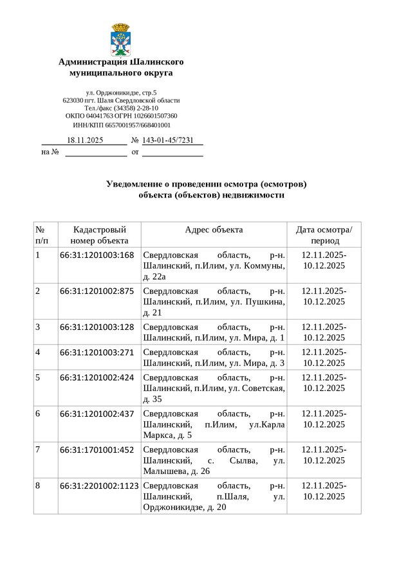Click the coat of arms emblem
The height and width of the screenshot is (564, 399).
point(121,39)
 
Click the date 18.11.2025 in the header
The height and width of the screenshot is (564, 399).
point(85,140)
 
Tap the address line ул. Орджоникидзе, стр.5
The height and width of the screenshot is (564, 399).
point(121,93)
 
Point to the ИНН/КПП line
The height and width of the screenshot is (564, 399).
point(121,125)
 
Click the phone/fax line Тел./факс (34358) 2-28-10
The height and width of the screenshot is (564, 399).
point(121,108)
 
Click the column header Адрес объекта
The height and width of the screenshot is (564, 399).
point(214,230)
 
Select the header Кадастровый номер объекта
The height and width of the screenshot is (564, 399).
point(99,235)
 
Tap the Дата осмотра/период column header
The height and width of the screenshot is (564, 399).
point(324,235)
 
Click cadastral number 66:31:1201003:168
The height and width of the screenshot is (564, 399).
point(97,255)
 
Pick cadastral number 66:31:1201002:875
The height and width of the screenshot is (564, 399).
point(97,291)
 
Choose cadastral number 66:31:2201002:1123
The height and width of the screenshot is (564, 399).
point(100,486)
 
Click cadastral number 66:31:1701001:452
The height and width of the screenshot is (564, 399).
point(97,450)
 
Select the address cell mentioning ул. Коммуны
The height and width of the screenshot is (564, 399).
point(214,266)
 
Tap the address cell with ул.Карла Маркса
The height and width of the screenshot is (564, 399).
point(214,424)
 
